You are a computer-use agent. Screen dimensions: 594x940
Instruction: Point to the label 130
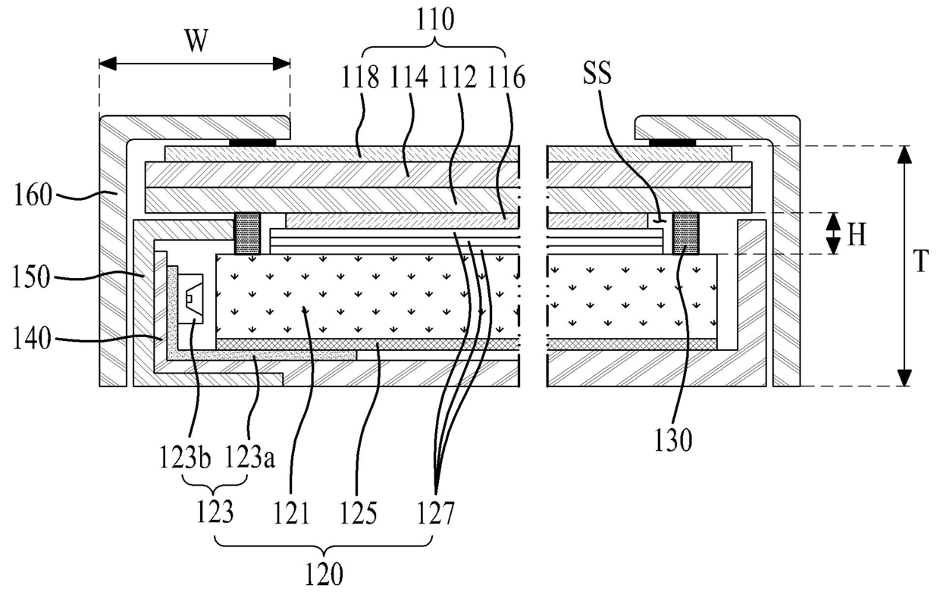tap(675, 442)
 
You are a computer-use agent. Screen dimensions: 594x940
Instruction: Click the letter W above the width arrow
tap(196, 42)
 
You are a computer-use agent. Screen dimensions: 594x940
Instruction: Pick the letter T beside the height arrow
tap(920, 262)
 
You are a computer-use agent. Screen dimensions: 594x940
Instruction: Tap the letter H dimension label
tap(856, 236)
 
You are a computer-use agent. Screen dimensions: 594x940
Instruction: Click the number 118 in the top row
tap(363, 78)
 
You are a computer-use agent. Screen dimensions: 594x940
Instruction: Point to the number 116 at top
tap(507, 78)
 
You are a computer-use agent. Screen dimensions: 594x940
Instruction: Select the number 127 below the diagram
tap(434, 516)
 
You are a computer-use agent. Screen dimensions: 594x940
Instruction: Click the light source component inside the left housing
tap(193, 301)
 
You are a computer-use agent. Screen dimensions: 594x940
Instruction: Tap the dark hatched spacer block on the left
tap(246, 233)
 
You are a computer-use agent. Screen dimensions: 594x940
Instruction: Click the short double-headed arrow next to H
tap(833, 233)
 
